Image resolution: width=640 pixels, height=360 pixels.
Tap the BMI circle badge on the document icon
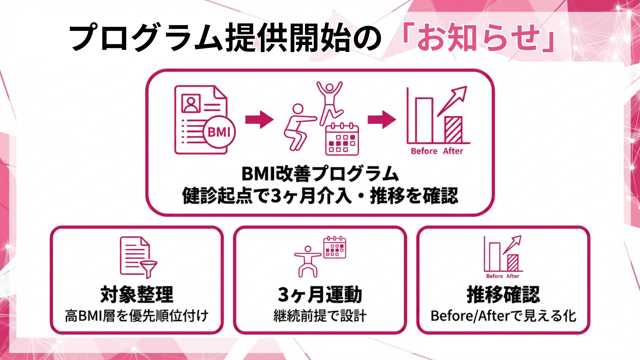219,132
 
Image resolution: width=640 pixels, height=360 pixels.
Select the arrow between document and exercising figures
259,119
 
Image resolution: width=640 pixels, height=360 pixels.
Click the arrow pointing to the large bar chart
381,119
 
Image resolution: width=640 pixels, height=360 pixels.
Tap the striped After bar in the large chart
453,130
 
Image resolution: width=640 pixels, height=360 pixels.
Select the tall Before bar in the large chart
424,120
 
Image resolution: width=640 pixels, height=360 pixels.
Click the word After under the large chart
453,151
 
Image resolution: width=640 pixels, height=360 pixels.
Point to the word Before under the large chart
424,151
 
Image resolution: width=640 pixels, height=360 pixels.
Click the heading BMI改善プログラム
320,174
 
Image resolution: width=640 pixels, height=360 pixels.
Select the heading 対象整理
137,295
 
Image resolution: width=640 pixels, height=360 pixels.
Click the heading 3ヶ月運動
320,295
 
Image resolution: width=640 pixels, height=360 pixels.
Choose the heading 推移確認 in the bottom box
503,295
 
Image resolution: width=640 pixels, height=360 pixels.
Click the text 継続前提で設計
320,316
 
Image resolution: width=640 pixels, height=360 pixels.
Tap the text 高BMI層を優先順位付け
137,316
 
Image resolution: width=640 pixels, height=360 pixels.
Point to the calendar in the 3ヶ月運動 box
335,248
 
